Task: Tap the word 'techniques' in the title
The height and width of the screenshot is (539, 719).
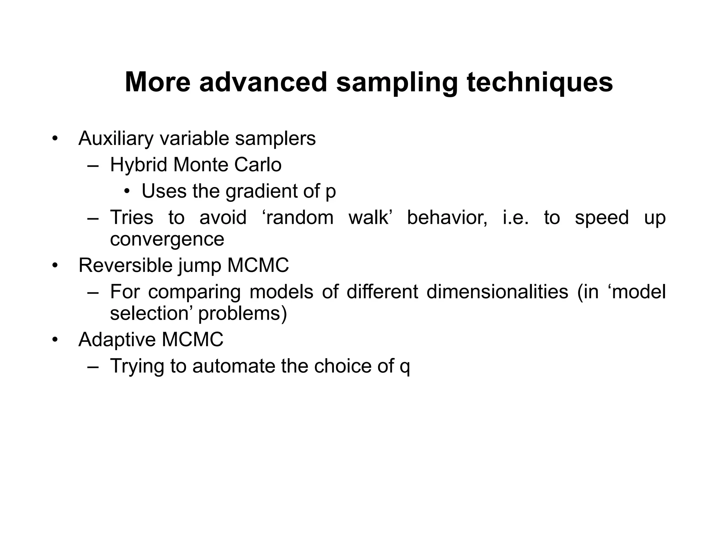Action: click(540, 82)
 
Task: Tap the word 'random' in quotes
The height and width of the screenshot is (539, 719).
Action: click(300, 218)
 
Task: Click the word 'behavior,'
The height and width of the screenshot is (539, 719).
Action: click(447, 218)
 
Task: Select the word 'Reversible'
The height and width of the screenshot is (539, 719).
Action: click(125, 265)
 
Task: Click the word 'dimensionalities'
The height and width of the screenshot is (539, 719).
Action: click(497, 292)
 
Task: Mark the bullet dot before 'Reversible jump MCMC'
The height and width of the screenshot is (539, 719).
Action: click(54, 266)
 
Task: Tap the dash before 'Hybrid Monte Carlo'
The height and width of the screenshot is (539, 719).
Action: click(93, 166)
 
